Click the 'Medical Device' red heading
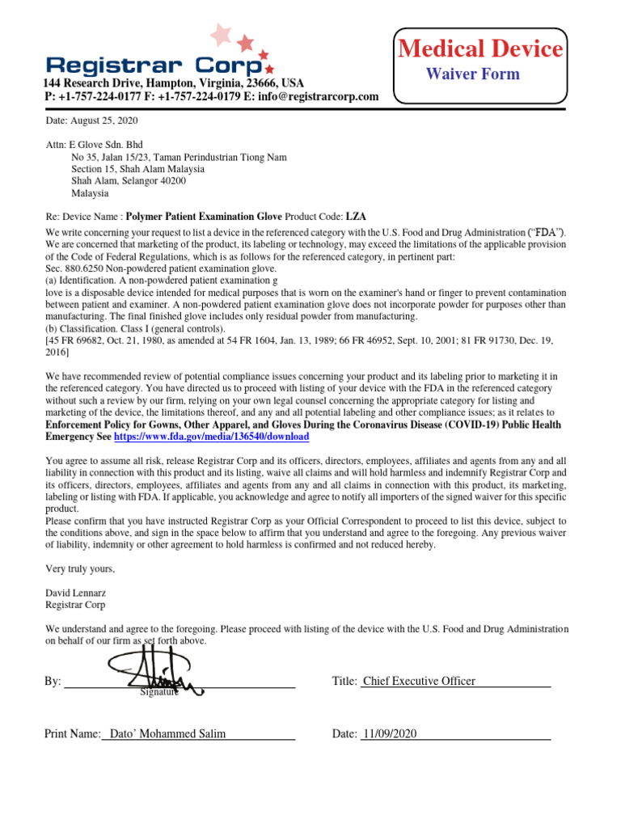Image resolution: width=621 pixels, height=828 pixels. pyautogui.click(x=480, y=49)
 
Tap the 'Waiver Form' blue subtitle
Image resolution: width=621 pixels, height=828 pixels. pyautogui.click(x=473, y=74)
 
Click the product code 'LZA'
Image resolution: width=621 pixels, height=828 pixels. pyautogui.click(x=356, y=217)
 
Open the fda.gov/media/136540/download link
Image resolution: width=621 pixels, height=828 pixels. pyautogui.click(x=212, y=436)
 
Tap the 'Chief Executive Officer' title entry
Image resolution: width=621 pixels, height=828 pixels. pyautogui.click(x=419, y=682)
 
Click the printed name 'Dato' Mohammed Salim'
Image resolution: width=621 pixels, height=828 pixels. pyautogui.click(x=167, y=734)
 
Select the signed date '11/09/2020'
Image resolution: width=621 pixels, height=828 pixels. pyautogui.click(x=390, y=734)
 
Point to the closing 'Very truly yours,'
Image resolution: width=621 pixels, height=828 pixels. pyautogui.click(x=80, y=568)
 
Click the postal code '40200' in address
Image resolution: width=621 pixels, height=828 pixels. pyautogui.click(x=173, y=181)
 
